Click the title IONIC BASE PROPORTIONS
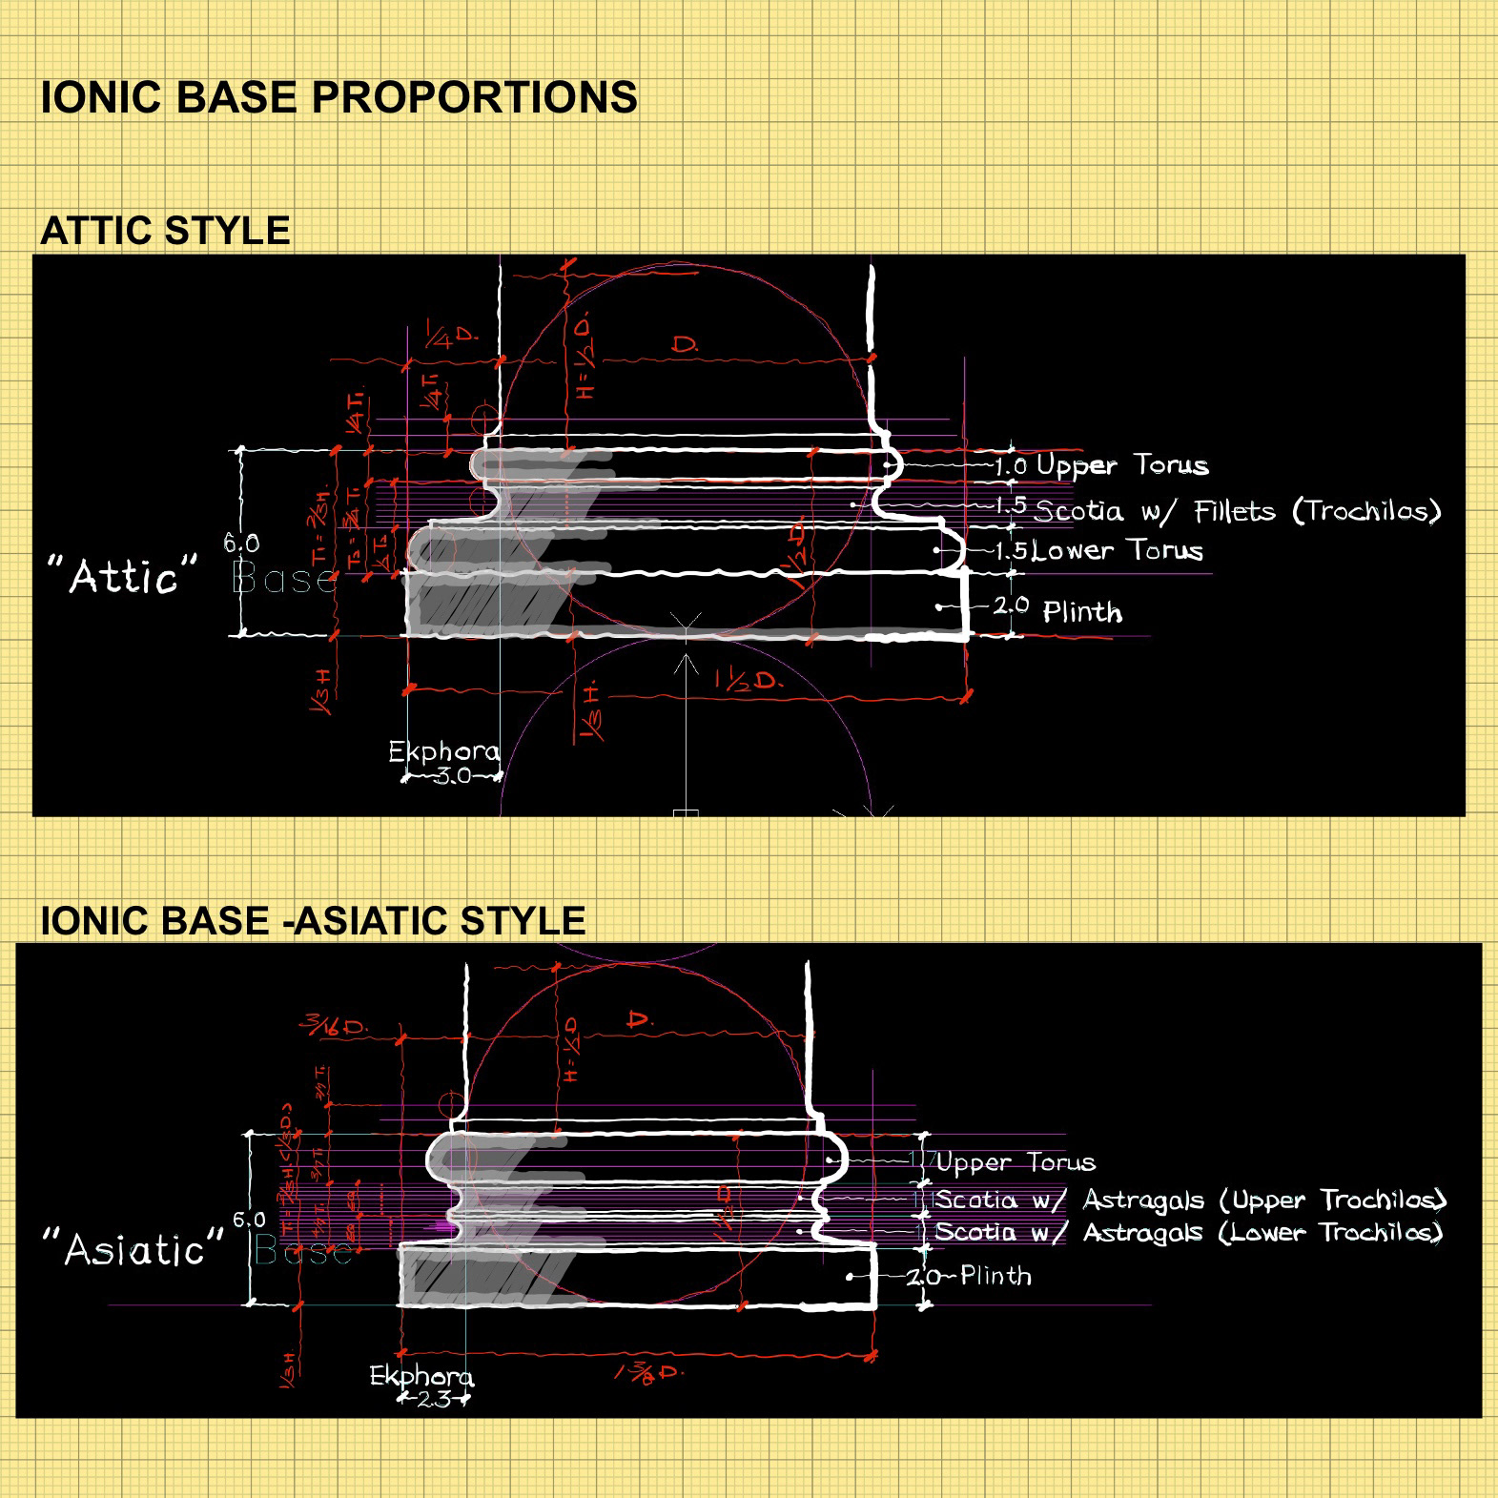pos(339,97)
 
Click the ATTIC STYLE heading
pos(165,231)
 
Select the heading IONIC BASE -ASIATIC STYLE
pos(313,920)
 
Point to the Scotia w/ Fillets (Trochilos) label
pos(1237,511)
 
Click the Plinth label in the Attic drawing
pos(1082,611)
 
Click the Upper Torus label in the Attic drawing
pos(1122,465)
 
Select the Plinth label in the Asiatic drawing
pos(995,1275)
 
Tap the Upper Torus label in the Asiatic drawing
pos(1016,1162)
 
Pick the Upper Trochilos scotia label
pos(1190,1200)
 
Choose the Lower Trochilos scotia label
pos(1188,1232)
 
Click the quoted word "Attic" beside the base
pos(122,576)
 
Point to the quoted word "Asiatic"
pos(133,1248)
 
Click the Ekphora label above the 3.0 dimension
pos(443,752)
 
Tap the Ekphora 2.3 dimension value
pos(434,1400)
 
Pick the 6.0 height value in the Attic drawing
pos(241,543)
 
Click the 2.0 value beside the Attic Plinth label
pos(1011,605)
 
